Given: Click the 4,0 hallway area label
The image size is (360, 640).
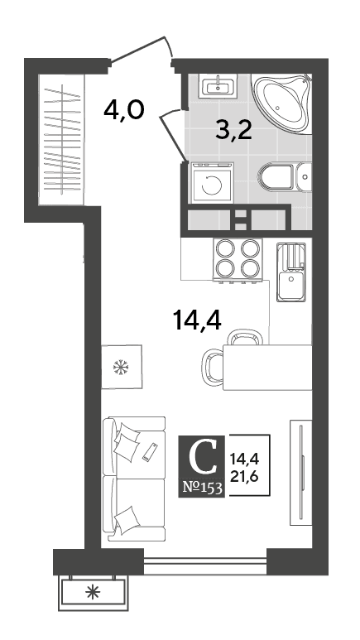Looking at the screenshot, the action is pyautogui.click(x=123, y=110).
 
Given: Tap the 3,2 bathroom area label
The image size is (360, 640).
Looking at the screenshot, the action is pyautogui.click(x=234, y=130).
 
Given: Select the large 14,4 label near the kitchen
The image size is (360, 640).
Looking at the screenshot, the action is pyautogui.click(x=197, y=320).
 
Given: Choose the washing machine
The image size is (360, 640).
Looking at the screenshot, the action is pyautogui.click(x=212, y=182).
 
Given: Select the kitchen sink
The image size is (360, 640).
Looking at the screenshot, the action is pyautogui.click(x=291, y=272).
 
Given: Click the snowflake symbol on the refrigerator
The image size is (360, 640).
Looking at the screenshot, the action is pyautogui.click(x=121, y=367).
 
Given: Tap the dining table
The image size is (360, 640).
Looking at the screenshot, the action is pyautogui.click(x=267, y=368).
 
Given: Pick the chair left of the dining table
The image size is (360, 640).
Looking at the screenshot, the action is pyautogui.click(x=212, y=367).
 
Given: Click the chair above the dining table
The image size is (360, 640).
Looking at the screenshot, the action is pyautogui.click(x=244, y=338).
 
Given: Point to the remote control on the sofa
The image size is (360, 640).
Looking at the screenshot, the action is pyautogui.click(x=150, y=452).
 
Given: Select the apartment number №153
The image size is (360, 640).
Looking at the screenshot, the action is pyautogui.click(x=202, y=488).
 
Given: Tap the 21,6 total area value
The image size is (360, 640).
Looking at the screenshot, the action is pyautogui.click(x=244, y=476).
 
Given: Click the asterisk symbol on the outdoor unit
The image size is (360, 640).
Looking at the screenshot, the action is pyautogui.click(x=94, y=592).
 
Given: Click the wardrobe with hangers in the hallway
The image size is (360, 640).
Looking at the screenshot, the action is pyautogui.click(x=61, y=139).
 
